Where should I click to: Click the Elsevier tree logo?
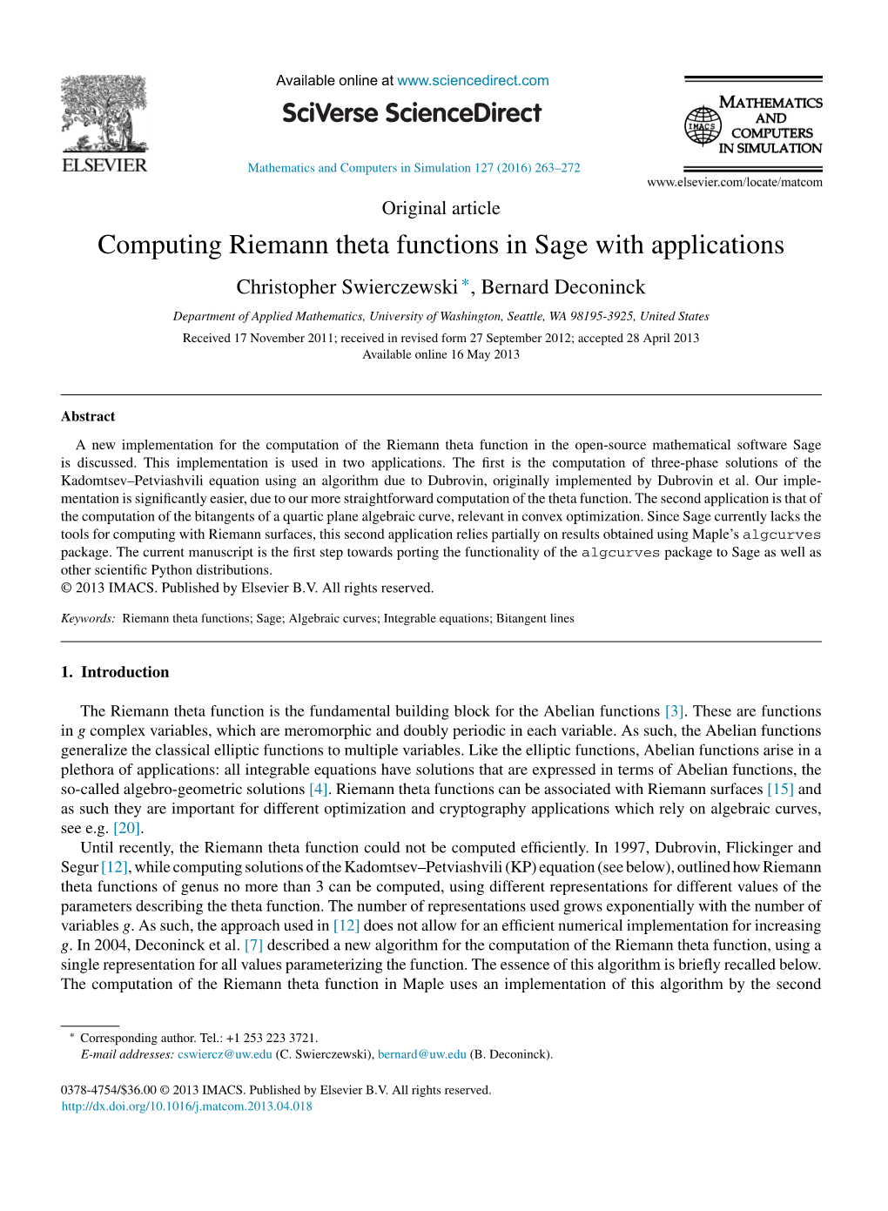(x=104, y=113)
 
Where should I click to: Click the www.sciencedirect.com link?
(x=473, y=81)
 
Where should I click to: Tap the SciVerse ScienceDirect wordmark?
(x=412, y=113)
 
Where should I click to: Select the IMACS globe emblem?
(x=702, y=125)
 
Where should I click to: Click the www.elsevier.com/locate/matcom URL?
(x=734, y=182)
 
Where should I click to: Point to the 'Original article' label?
(x=441, y=208)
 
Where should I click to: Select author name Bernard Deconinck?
(x=563, y=287)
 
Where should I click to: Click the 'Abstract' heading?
(x=88, y=416)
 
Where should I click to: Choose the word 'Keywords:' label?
(x=88, y=618)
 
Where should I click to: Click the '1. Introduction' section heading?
(x=115, y=672)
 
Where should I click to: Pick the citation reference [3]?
(x=674, y=711)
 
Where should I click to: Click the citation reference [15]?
(x=780, y=789)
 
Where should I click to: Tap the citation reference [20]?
(x=126, y=828)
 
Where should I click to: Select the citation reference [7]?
(x=253, y=945)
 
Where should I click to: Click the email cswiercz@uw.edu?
(x=225, y=1054)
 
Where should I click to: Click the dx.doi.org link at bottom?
(x=186, y=1107)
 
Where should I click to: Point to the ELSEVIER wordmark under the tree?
(x=104, y=165)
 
